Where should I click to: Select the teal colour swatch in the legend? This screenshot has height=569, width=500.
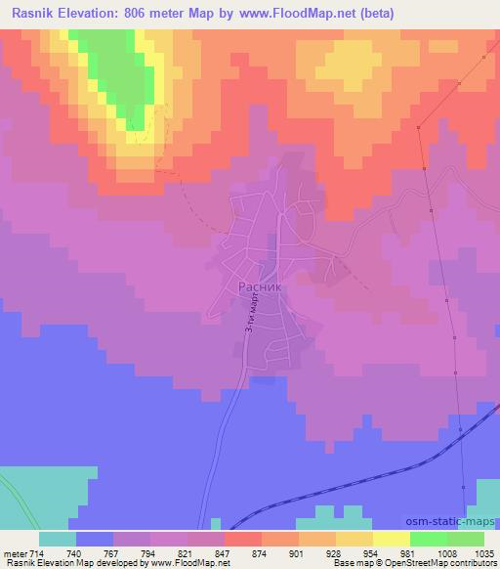(x=58, y=539)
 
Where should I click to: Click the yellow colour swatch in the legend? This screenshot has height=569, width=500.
(x=392, y=539)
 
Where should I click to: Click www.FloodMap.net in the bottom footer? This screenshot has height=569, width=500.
(x=190, y=563)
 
